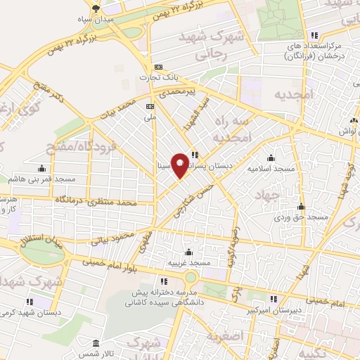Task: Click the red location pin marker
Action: pyautogui.click(x=180, y=165)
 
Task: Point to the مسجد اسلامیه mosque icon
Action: pyautogui.click(x=271, y=159)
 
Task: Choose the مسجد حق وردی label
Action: pyautogui.click(x=302, y=218)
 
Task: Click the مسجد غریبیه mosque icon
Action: pyautogui.click(x=188, y=252)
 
